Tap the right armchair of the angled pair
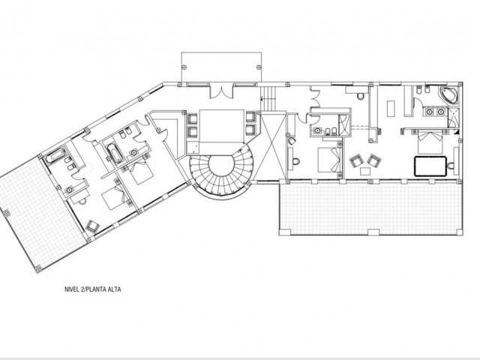click(x=374, y=160)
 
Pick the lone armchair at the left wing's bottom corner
click(x=93, y=224)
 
